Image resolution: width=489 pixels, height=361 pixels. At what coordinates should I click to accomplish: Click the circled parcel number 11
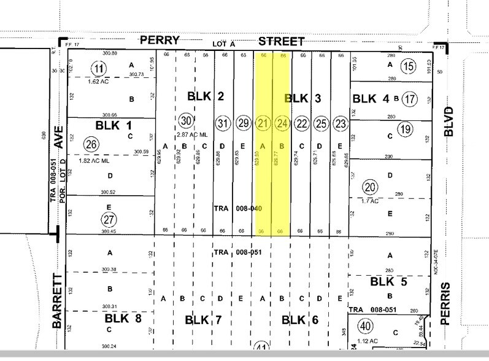pyautogui.click(x=97, y=67)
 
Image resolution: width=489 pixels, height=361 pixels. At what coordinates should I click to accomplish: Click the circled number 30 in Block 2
pyautogui.click(x=187, y=119)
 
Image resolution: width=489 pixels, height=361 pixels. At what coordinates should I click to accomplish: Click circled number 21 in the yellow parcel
pyautogui.click(x=264, y=123)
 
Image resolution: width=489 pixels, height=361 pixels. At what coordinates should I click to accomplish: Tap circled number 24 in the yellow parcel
pyautogui.click(x=282, y=123)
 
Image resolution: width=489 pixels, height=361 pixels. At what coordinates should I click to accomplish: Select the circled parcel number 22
pyautogui.click(x=301, y=123)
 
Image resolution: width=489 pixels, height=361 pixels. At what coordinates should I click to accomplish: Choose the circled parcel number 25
pyautogui.click(x=320, y=123)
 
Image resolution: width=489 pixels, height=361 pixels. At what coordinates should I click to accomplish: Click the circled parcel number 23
pyautogui.click(x=339, y=123)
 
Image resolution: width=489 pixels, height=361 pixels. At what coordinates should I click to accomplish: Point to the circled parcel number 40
pyautogui.click(x=366, y=325)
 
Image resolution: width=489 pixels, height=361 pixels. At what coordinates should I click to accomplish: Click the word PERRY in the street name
pyautogui.click(x=160, y=41)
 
